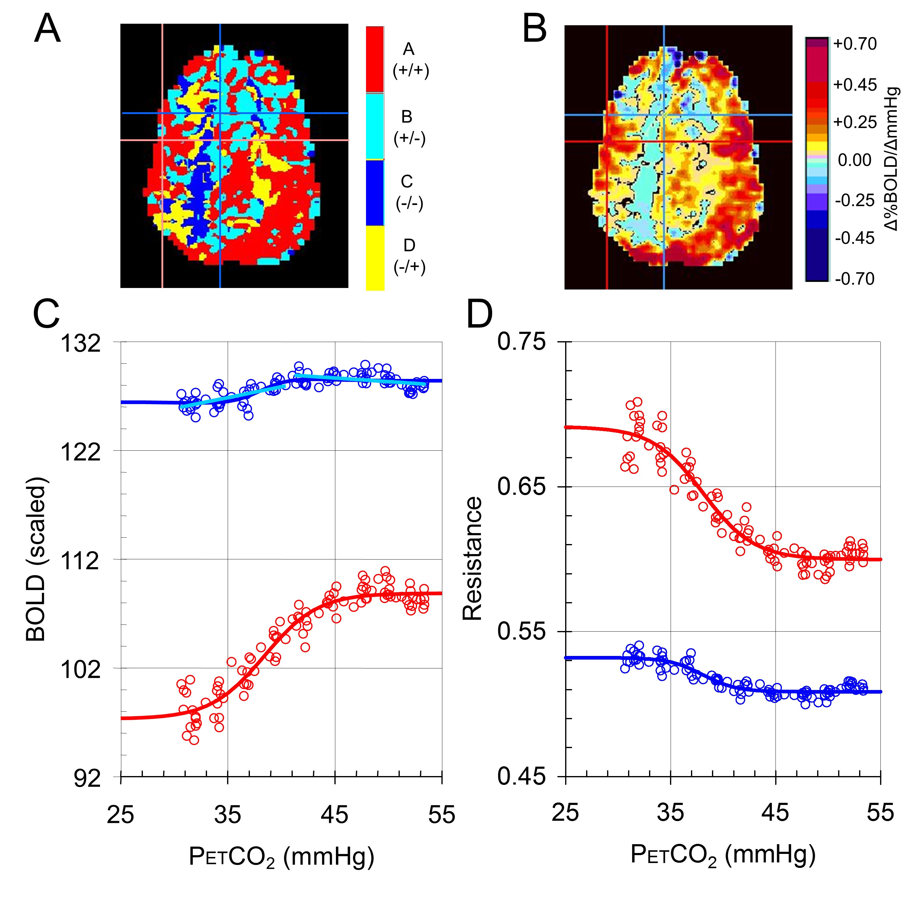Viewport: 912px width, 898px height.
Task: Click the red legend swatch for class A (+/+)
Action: pyautogui.click(x=375, y=59)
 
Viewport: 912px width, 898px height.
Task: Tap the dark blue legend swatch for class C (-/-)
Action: pyautogui.click(x=375, y=192)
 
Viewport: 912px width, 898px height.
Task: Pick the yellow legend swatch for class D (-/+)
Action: pyautogui.click(x=375, y=258)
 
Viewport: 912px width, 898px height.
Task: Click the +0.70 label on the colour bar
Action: pyautogui.click(x=855, y=44)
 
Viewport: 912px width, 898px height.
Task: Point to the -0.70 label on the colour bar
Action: pyautogui.click(x=855, y=279)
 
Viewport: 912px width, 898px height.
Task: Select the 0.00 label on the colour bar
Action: pyautogui.click(x=855, y=160)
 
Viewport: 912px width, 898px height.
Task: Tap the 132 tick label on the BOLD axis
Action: pyautogui.click(x=81, y=343)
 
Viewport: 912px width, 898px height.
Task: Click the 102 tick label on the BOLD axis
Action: pyautogui.click(x=81, y=669)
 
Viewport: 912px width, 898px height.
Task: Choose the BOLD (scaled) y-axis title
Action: pyautogui.click(x=36, y=559)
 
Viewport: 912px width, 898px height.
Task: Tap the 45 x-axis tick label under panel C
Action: pyautogui.click(x=334, y=814)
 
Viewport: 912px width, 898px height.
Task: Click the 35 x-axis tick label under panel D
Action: pyautogui.click(x=670, y=812)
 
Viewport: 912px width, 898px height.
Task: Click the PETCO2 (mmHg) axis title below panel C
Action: pyautogui.click(x=282, y=857)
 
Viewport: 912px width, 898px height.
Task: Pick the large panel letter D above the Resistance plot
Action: pyautogui.click(x=479, y=314)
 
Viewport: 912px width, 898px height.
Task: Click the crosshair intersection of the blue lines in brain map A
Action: pyautogui.click(x=220, y=113)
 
